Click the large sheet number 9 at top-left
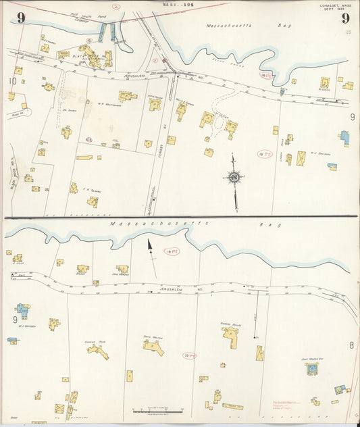point(21,18)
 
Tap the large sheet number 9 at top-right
point(344,18)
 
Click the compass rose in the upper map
point(235,178)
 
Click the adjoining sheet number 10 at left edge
point(12,82)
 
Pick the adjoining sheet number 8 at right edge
point(351,345)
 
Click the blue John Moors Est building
point(312,369)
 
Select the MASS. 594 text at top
point(174,5)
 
